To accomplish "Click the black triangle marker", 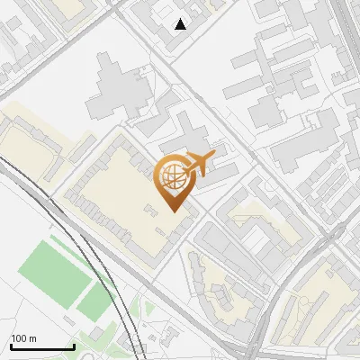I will point(181,24).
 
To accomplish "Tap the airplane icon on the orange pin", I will point(199,166).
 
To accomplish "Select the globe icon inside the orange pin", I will point(172,177).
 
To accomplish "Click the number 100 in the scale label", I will point(19,338).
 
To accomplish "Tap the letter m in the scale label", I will point(32,338).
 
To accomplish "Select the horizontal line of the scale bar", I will point(41,346).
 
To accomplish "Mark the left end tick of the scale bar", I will point(10,345).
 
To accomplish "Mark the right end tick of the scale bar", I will point(73,345).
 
